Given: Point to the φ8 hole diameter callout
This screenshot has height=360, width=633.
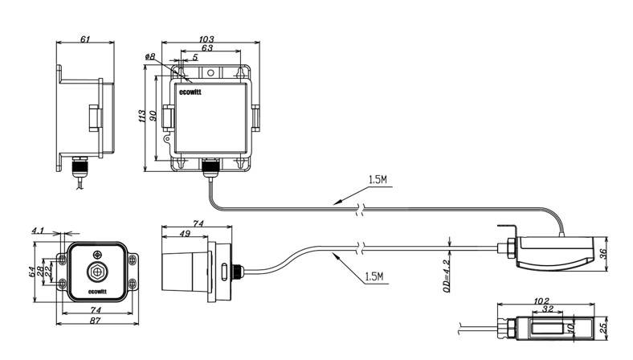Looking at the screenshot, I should pyautogui.click(x=150, y=57).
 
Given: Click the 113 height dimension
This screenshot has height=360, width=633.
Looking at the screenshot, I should pyautogui.click(x=142, y=117).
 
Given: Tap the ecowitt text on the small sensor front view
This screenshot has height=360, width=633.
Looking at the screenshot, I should pyautogui.click(x=97, y=292).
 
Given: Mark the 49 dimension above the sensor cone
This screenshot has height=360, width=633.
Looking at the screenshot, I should pyautogui.click(x=186, y=235).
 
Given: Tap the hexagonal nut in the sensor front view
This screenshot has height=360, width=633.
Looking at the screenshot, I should pyautogui.click(x=97, y=272).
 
